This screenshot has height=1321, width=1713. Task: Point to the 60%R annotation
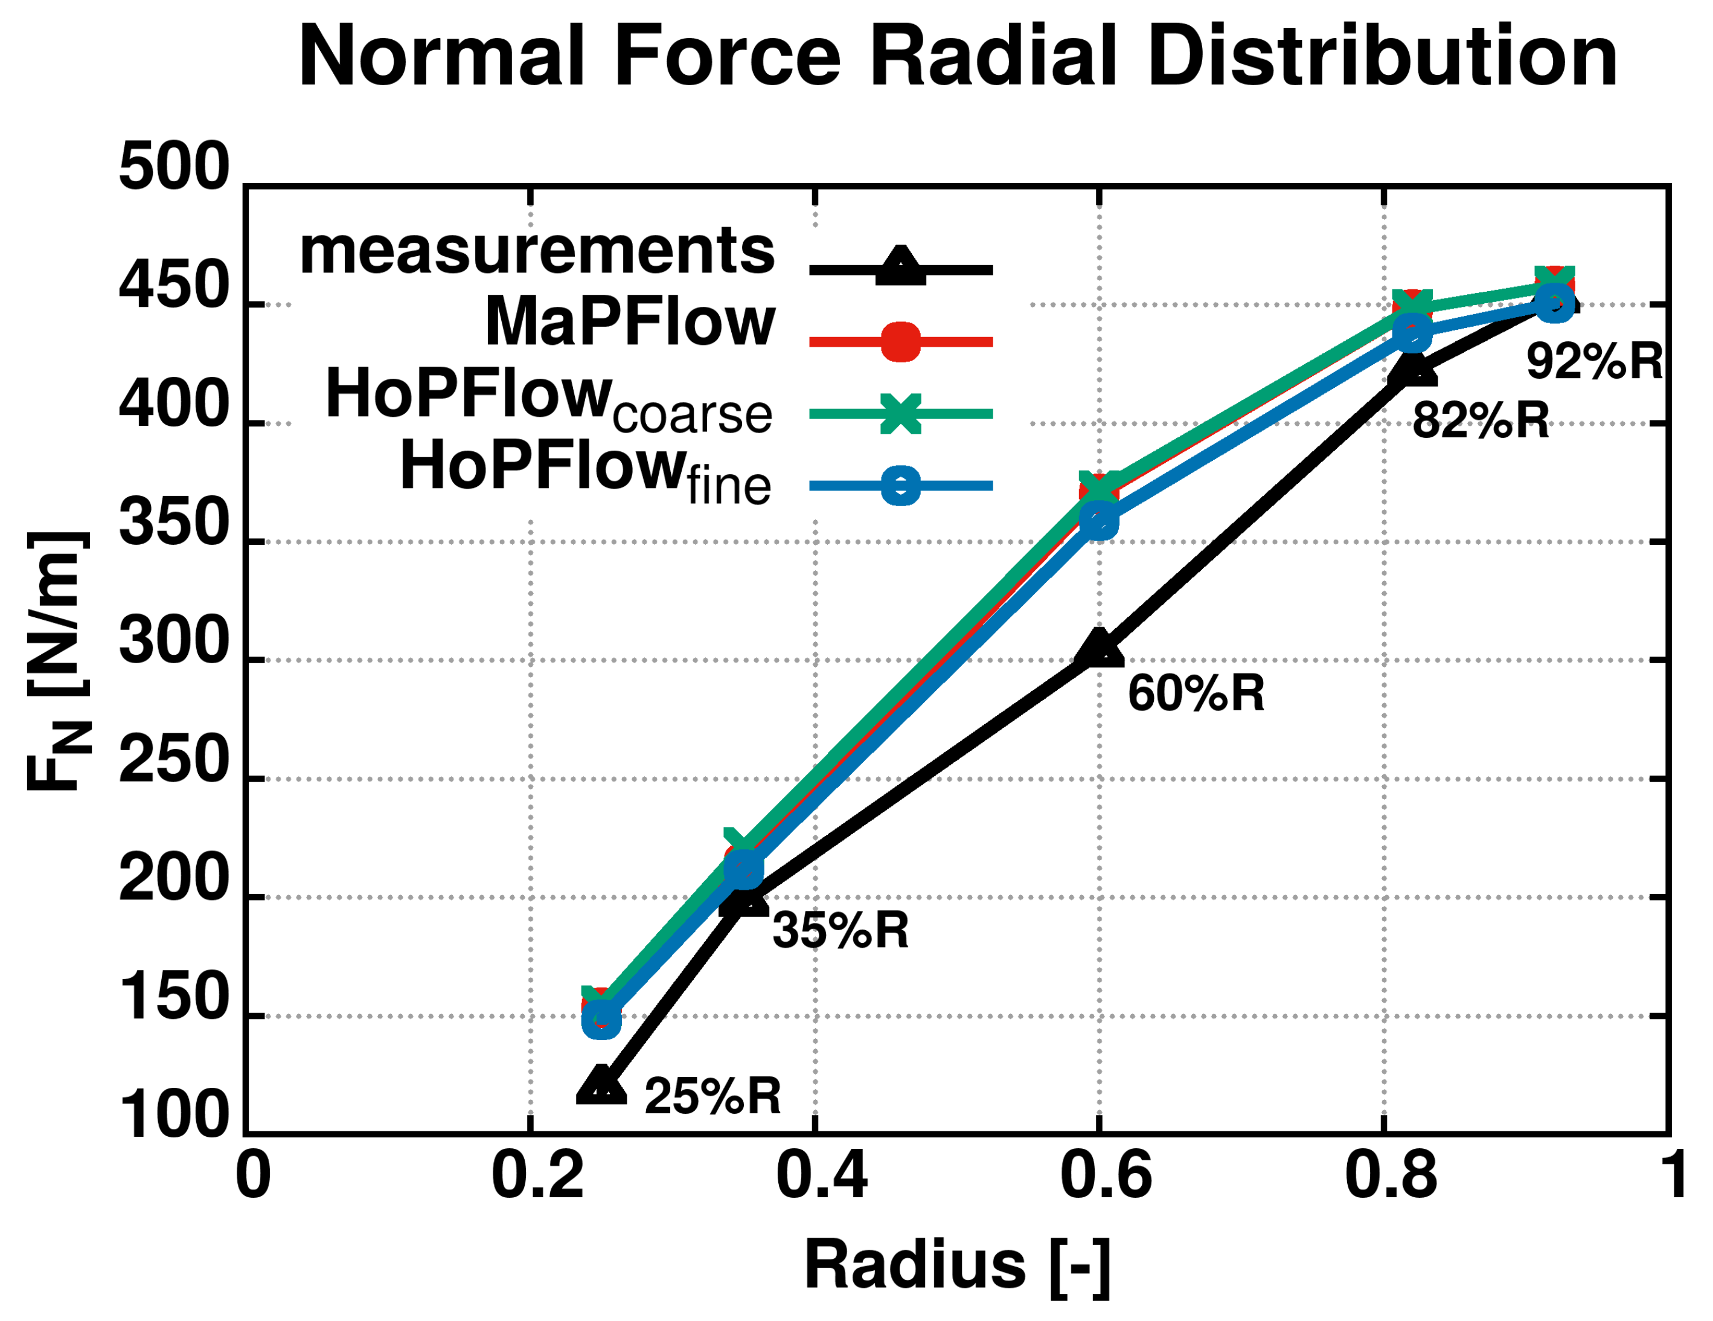click(x=1196, y=693)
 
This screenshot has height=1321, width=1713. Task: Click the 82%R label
click(x=1481, y=420)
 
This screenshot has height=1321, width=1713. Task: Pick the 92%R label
click(x=1594, y=362)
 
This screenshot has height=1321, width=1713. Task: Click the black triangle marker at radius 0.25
click(x=601, y=1087)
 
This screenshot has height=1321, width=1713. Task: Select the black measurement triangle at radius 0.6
click(x=1099, y=649)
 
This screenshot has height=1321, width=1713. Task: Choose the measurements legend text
click(x=537, y=251)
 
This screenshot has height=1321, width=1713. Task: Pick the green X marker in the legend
click(x=900, y=413)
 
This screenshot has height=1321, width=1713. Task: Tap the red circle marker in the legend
click(x=900, y=341)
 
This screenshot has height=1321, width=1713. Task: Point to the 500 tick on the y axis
click(x=173, y=168)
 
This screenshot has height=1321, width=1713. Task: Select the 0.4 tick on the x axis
click(x=821, y=1174)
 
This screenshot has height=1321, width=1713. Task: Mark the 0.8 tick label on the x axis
click(x=1391, y=1174)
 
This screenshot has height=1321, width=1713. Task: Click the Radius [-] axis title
click(x=957, y=1264)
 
